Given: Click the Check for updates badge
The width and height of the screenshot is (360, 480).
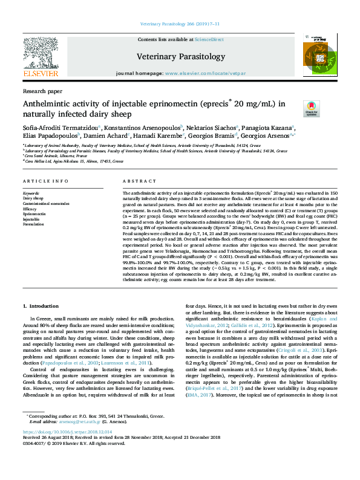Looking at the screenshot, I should [x=311, y=109].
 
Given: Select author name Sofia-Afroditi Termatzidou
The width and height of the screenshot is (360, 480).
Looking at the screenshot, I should [x=62, y=128].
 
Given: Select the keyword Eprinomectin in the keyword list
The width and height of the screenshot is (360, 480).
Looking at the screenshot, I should [x=34, y=214].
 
